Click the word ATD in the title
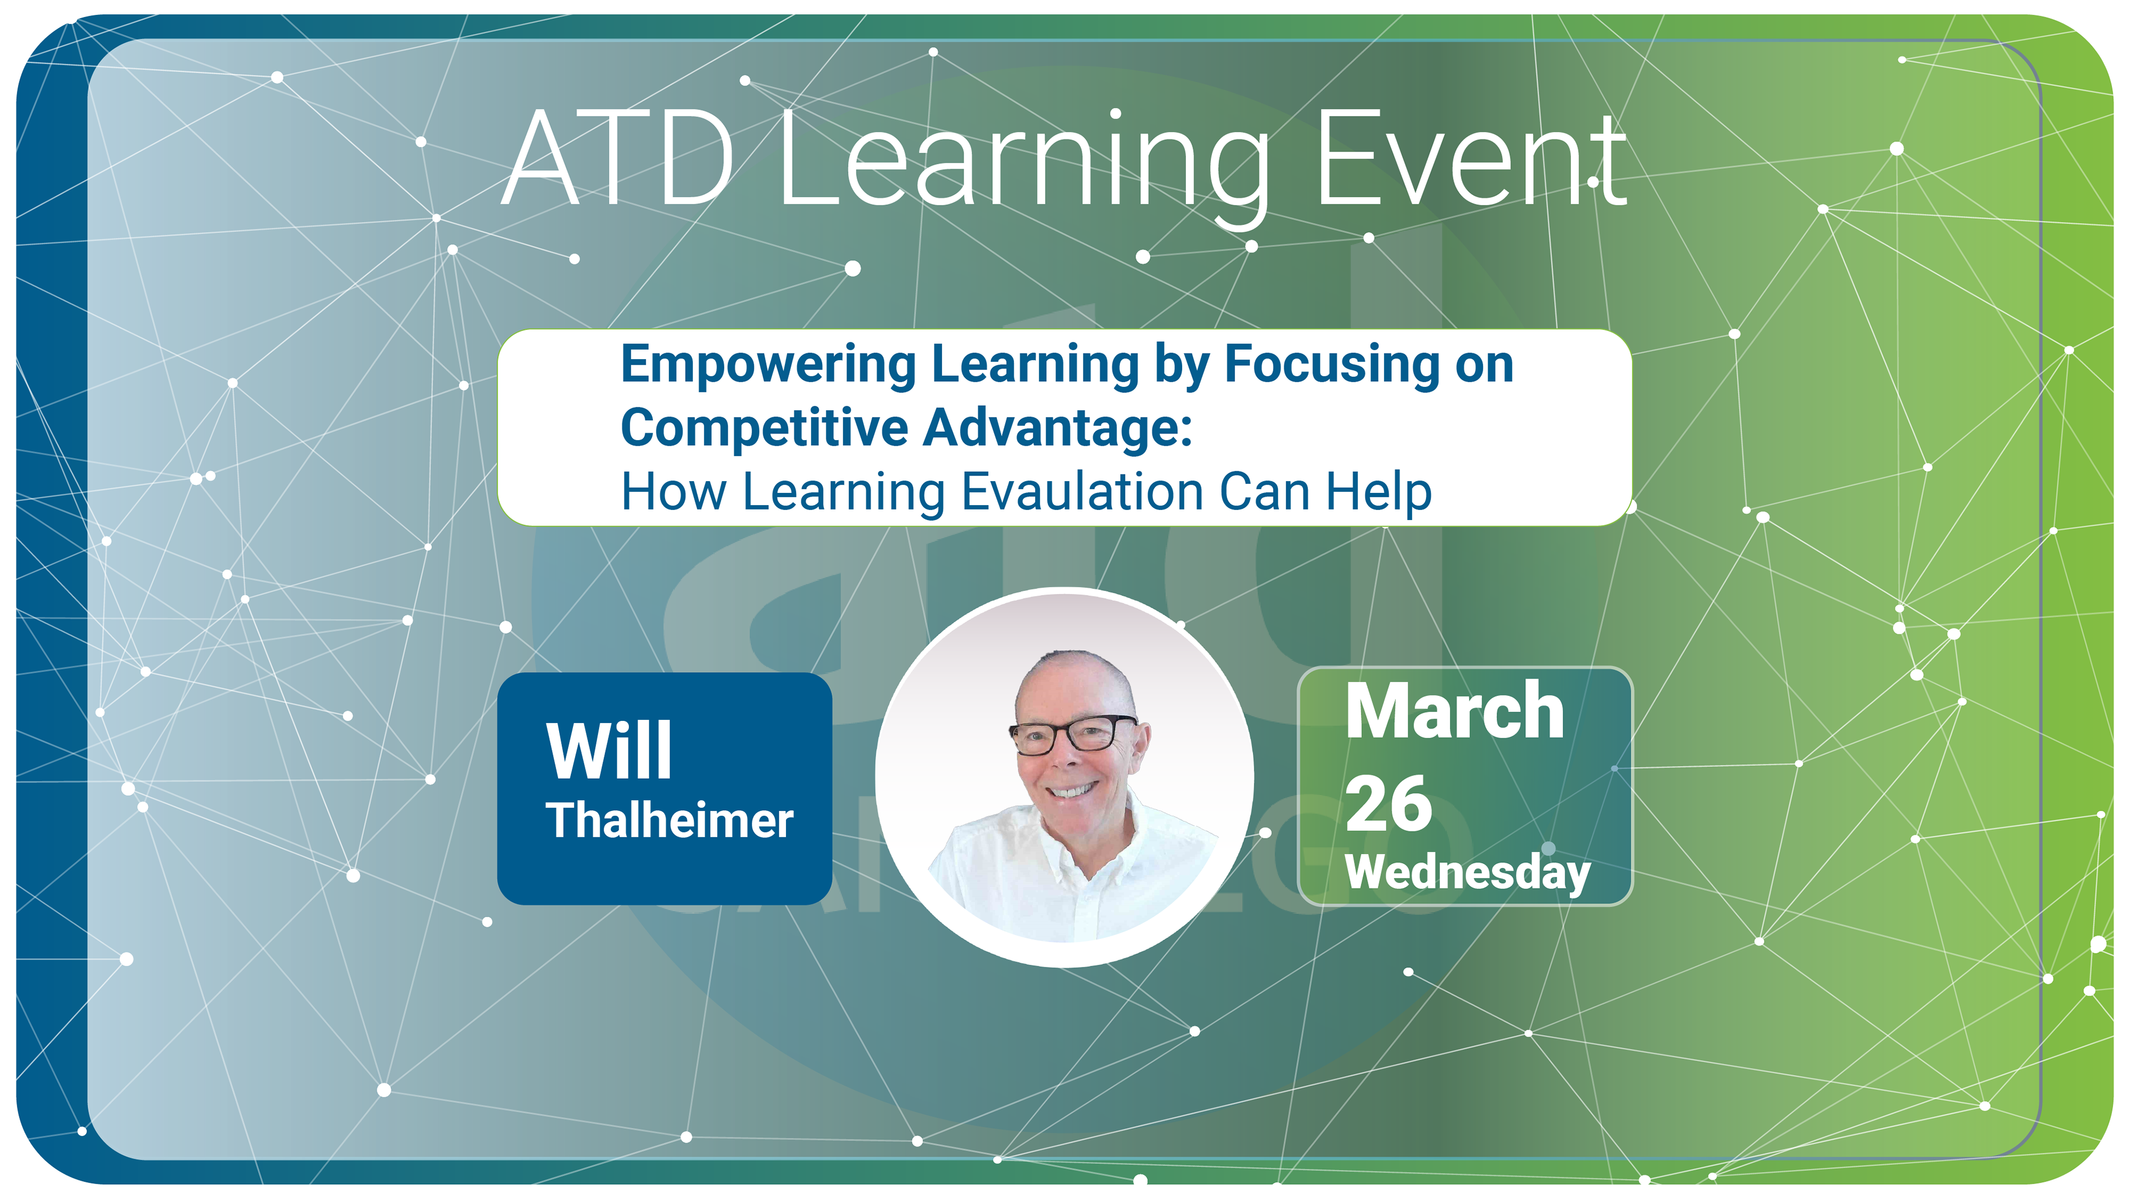(x=618, y=158)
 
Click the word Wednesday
(x=1468, y=872)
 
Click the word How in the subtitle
(x=673, y=492)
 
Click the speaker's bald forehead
(x=1067, y=687)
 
